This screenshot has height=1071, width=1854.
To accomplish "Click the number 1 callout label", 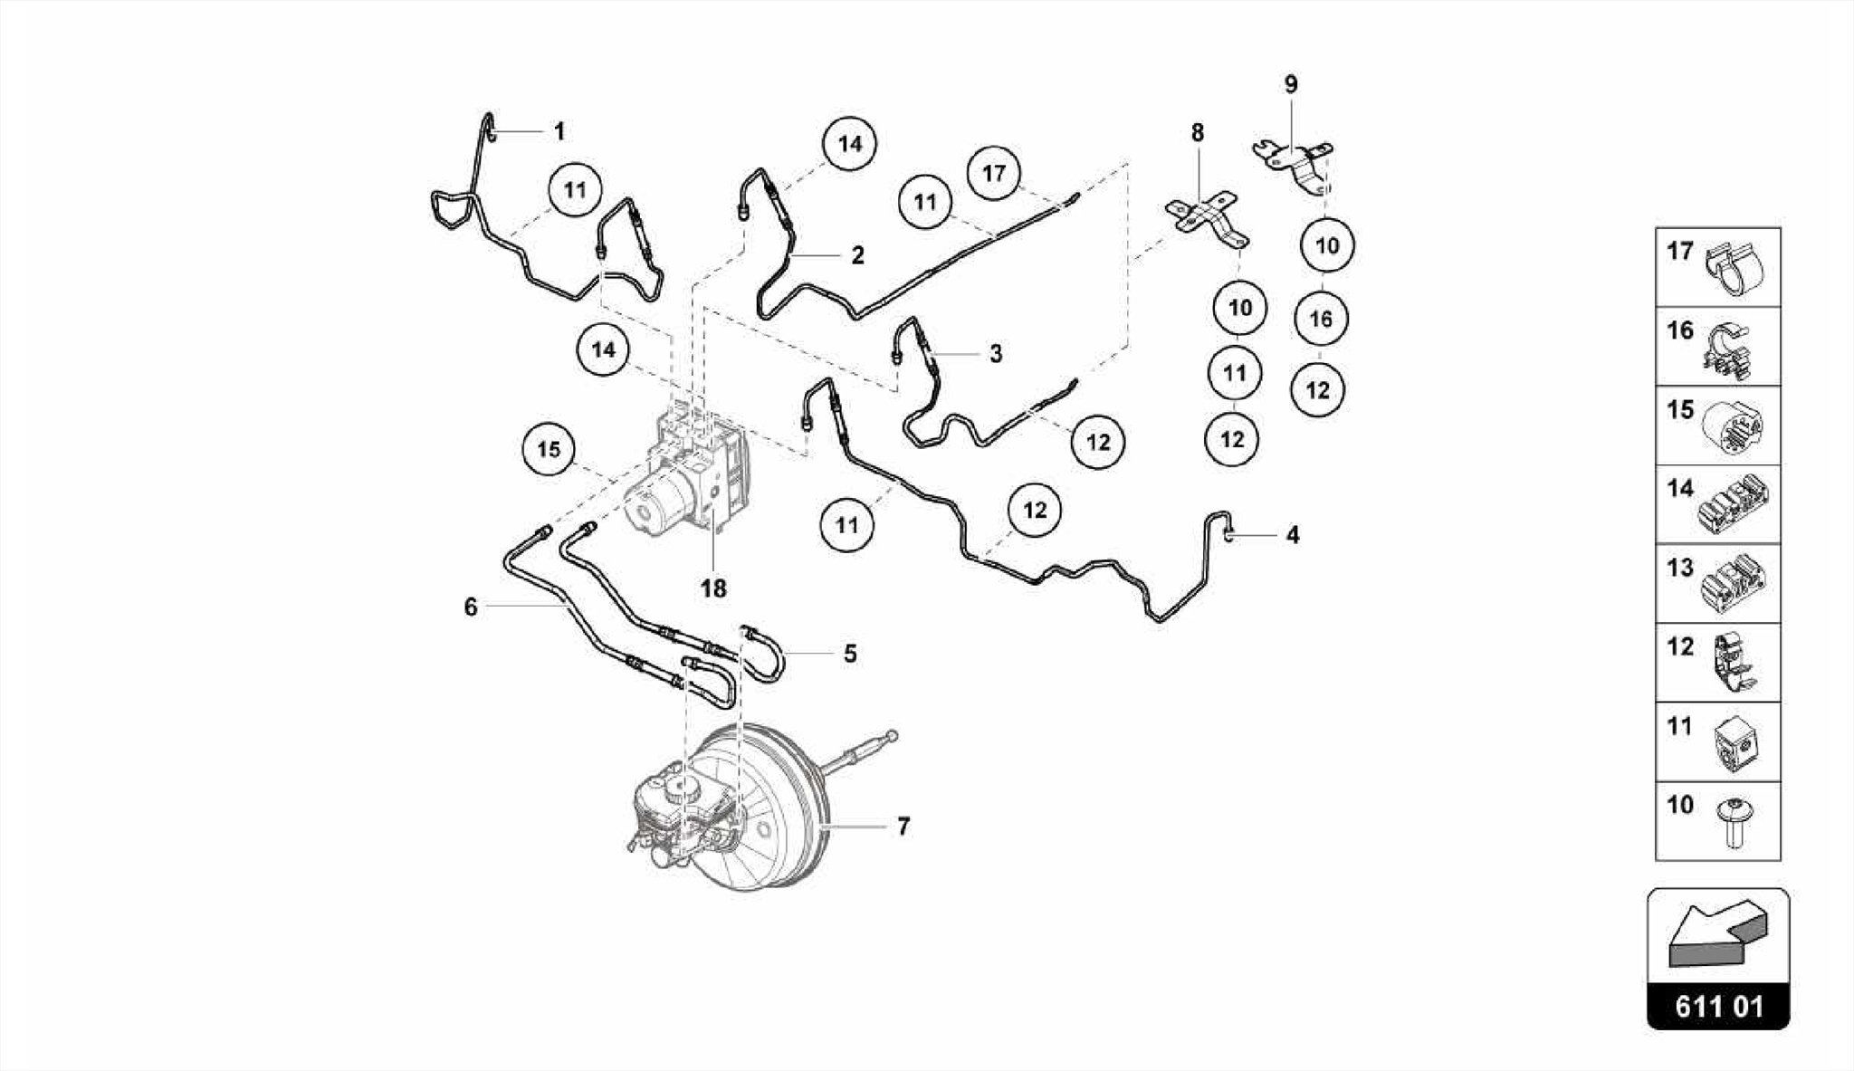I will (x=559, y=132).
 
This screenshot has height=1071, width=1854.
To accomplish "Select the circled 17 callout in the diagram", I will (x=994, y=172).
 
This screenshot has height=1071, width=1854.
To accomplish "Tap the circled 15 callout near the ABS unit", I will (x=549, y=450).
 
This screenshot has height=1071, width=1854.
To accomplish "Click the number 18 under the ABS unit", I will (x=713, y=589).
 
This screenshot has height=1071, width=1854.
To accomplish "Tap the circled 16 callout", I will (x=1321, y=319).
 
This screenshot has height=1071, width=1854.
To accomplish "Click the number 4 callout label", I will (x=1293, y=536).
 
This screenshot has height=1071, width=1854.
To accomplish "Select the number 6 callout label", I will (x=471, y=607).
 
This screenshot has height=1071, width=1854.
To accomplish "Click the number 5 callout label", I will (x=850, y=654).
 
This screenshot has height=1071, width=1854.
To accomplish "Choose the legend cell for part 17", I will (x=1717, y=267).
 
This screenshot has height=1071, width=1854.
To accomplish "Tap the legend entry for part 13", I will (x=1717, y=583).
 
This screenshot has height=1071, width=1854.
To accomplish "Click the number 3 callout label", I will (x=996, y=354).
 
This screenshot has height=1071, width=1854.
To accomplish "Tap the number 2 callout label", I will (x=857, y=255).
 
